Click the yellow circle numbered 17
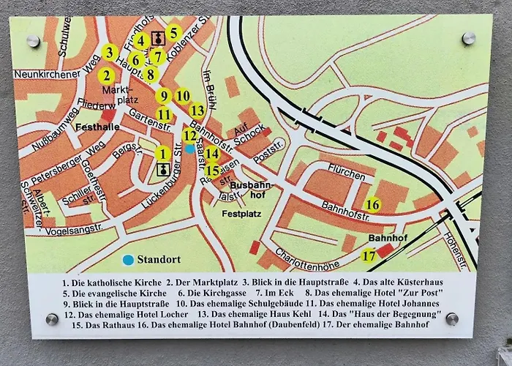coord(369,256)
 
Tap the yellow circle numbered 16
coord(373,205)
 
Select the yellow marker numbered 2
coord(107,75)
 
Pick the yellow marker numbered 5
coord(173,32)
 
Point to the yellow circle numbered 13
coord(197,111)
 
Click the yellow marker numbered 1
coord(162,154)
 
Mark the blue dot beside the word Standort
coord(129,259)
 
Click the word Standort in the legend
coord(159,259)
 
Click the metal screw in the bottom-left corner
coord(52,318)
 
